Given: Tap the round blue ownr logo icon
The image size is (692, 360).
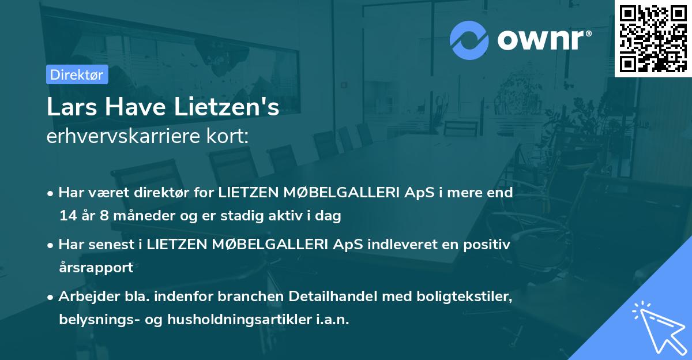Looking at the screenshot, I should coord(469,40).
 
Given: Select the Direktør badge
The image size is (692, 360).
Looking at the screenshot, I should coord(77,74).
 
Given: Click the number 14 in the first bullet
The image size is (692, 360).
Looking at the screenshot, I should coord(66,216).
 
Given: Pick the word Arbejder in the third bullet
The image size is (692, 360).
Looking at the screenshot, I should coord(84,297).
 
